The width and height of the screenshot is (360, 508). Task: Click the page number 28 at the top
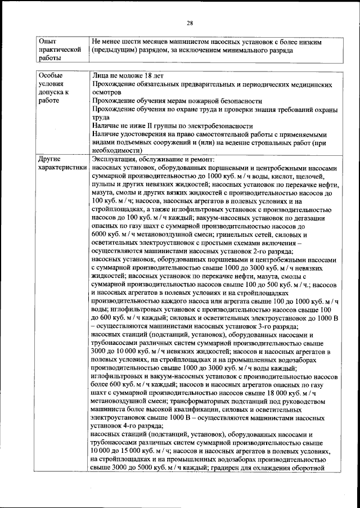(x=190, y=23)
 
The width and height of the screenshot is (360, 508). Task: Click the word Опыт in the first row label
(x=48, y=42)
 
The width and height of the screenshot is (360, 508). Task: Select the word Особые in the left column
(x=51, y=75)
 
